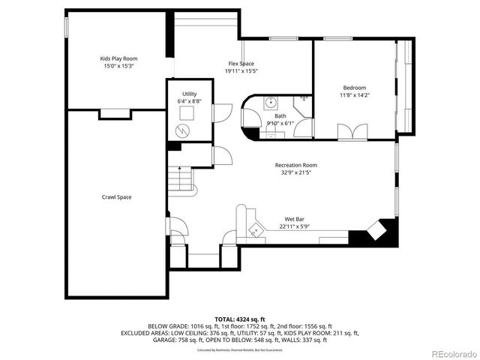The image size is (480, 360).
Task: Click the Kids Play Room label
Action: pyautogui.click(x=118, y=58)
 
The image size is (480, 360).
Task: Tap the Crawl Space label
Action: pyautogui.click(x=116, y=197)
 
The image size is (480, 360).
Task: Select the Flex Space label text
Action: pyautogui.click(x=241, y=64)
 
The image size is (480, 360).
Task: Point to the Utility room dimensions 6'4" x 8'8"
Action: pyautogui.click(x=189, y=100)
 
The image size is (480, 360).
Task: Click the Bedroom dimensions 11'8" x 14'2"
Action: pyautogui.click(x=355, y=95)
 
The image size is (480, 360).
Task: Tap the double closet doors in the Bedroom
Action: pyautogui.click(x=352, y=133)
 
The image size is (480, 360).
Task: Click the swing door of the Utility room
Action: pyautogui.click(x=222, y=113)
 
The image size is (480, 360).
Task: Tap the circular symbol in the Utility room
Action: pyautogui.click(x=181, y=131)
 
